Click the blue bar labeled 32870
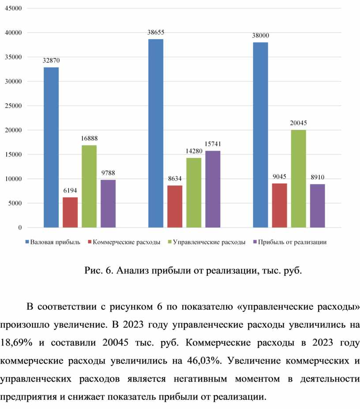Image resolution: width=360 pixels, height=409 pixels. [51, 147]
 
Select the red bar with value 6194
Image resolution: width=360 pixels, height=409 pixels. [70, 212]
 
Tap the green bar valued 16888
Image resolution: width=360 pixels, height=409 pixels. [89, 186]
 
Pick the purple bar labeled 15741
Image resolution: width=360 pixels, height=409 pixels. [213, 189]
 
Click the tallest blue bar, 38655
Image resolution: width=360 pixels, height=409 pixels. [156, 133]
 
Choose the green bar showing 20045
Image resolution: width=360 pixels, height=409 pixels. [299, 178]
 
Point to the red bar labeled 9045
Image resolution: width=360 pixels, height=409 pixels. [280, 205]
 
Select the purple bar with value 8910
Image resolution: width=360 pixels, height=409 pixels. [318, 206]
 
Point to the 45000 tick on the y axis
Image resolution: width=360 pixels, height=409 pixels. [14, 8]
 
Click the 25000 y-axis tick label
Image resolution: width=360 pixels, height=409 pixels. [14, 106]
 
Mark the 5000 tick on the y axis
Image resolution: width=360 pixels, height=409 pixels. [15, 203]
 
